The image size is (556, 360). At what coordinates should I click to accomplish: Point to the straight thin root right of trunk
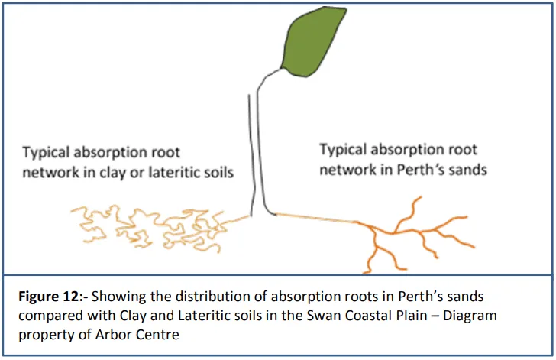click(313, 218)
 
